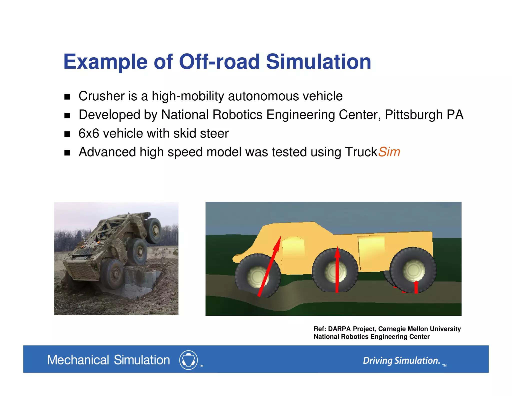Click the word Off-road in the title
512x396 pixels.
coord(219,62)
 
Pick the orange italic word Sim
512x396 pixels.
coord(389,152)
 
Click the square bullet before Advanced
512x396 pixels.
coord(67,153)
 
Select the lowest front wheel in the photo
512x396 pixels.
coord(112,274)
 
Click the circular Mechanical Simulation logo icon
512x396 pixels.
coord(188,360)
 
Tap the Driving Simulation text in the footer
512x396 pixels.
coord(401,360)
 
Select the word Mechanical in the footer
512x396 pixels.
coord(78,360)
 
